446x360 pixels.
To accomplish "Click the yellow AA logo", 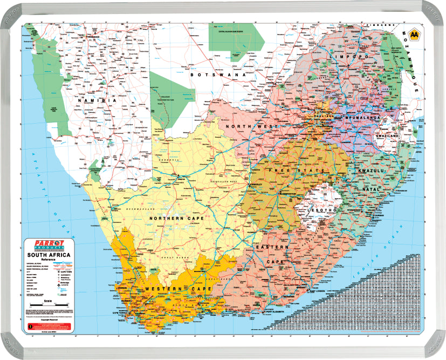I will tap(415, 36).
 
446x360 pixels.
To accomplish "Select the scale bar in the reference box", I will tap(49, 305).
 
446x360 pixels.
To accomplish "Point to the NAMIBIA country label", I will tap(97, 100).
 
